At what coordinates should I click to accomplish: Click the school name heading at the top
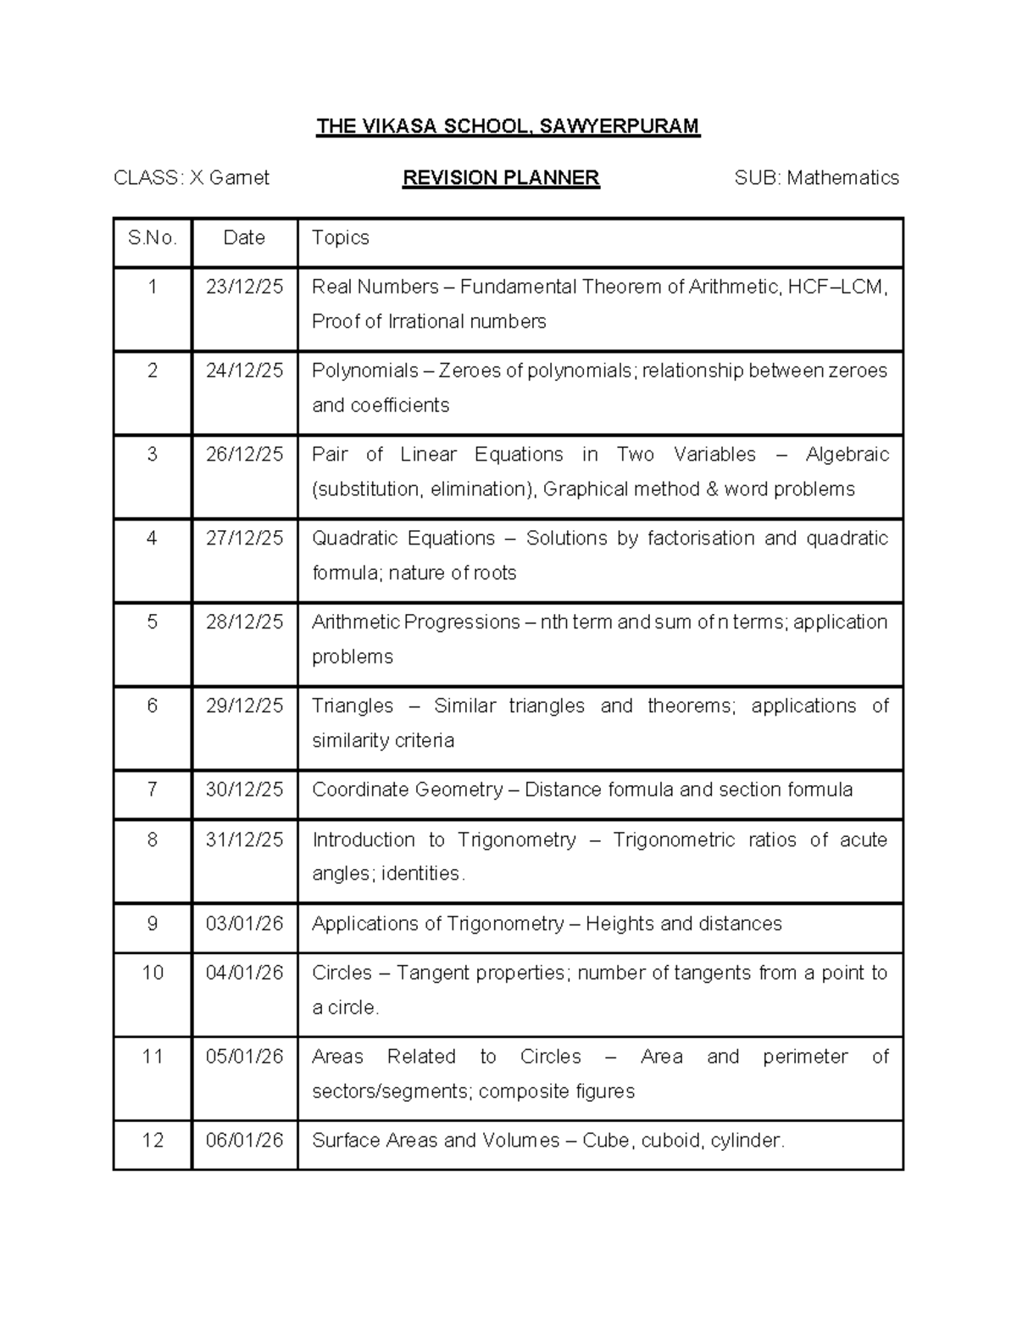coord(508,127)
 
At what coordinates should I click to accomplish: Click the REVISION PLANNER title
coord(501,178)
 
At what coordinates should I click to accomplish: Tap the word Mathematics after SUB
coord(842,178)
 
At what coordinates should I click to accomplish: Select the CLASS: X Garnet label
coord(192,178)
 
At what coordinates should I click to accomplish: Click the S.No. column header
coord(153,238)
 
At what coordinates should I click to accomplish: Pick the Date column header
coord(244,238)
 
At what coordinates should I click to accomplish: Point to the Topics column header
coord(340,238)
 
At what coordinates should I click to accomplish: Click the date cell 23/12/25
coord(244,287)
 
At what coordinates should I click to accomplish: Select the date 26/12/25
coord(244,455)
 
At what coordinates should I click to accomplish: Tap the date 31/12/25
coord(244,840)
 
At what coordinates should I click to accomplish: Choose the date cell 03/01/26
coord(244,924)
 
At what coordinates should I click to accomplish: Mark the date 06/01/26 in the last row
coord(244,1141)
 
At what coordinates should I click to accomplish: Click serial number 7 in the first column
coord(153,790)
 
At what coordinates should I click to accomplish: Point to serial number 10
coord(153,973)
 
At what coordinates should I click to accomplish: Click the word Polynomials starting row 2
coord(364,371)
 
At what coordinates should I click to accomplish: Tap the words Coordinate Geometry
coord(407,790)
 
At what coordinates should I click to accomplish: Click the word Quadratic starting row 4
coord(354,539)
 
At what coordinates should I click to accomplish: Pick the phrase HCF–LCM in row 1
coord(836,287)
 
